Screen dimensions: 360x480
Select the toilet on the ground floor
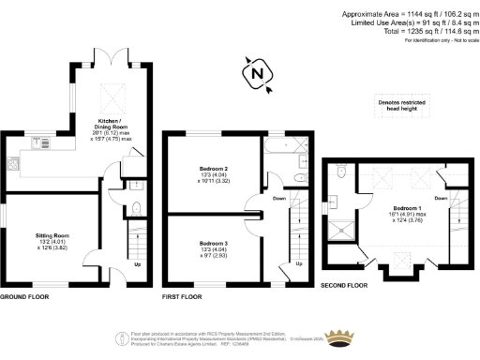[137, 209]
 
